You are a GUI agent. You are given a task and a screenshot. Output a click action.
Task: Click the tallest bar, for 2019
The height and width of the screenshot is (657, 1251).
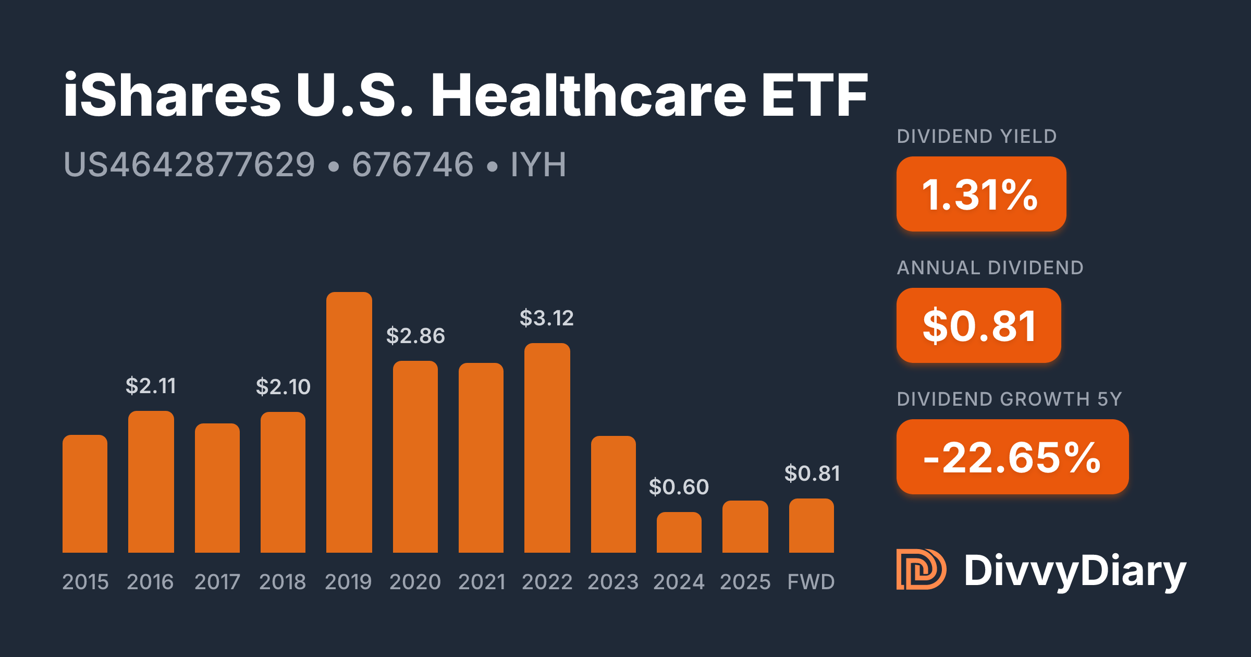pos(349,422)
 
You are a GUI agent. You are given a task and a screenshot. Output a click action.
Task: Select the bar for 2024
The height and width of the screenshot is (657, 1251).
pos(679,532)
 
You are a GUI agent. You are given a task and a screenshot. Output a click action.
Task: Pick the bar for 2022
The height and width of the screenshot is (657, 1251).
pos(547,448)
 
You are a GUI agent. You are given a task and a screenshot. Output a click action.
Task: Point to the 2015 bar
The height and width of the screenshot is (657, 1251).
pos(85,494)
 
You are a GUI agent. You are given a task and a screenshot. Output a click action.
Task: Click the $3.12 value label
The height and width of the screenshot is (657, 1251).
pos(546,318)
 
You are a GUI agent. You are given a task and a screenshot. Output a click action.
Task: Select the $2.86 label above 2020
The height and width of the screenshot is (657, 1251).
pos(415,336)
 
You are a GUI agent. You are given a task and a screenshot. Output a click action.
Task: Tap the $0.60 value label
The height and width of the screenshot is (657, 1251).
pos(679,487)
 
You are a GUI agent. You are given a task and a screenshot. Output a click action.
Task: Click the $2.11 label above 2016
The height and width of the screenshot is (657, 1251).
pos(151,386)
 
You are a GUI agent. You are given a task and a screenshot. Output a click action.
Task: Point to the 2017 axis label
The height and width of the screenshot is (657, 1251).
pos(217,582)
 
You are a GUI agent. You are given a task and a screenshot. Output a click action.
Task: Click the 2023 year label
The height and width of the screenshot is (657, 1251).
pos(612,582)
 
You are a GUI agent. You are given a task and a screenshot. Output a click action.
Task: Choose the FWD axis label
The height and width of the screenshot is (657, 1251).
pos(811,582)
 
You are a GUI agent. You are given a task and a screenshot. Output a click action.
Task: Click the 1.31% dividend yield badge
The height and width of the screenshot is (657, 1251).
pos(980,194)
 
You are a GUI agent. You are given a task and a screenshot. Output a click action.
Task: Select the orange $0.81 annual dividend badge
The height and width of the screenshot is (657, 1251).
pos(978,325)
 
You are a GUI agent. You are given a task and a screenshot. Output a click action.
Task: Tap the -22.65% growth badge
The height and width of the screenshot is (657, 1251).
pos(1012,457)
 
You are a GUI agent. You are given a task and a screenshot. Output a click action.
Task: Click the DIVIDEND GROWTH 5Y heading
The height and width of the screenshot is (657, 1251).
pos(1009,399)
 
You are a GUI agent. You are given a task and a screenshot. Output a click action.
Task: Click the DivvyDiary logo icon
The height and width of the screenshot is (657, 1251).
pos(921,569)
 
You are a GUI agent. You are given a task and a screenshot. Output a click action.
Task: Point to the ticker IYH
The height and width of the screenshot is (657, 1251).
pos(538,165)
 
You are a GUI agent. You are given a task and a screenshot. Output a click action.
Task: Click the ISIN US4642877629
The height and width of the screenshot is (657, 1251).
pos(189,165)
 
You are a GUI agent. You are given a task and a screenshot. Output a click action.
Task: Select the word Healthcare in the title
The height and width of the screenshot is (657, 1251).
pos(588,96)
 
